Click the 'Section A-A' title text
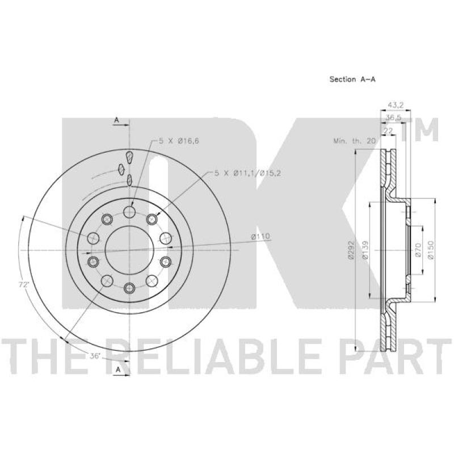pyautogui.click(x=352, y=79)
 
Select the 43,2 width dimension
pyautogui.click(x=396, y=105)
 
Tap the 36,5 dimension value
pyautogui.click(x=393, y=117)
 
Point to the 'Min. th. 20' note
pyautogui.click(x=354, y=141)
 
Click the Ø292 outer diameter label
pyautogui.click(x=351, y=250)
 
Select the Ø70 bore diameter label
pyautogui.click(x=418, y=250)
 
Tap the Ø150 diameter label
pyautogui.click(x=431, y=250)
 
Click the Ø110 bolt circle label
pyautogui.click(x=260, y=237)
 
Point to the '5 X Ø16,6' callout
pyautogui.click(x=179, y=141)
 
